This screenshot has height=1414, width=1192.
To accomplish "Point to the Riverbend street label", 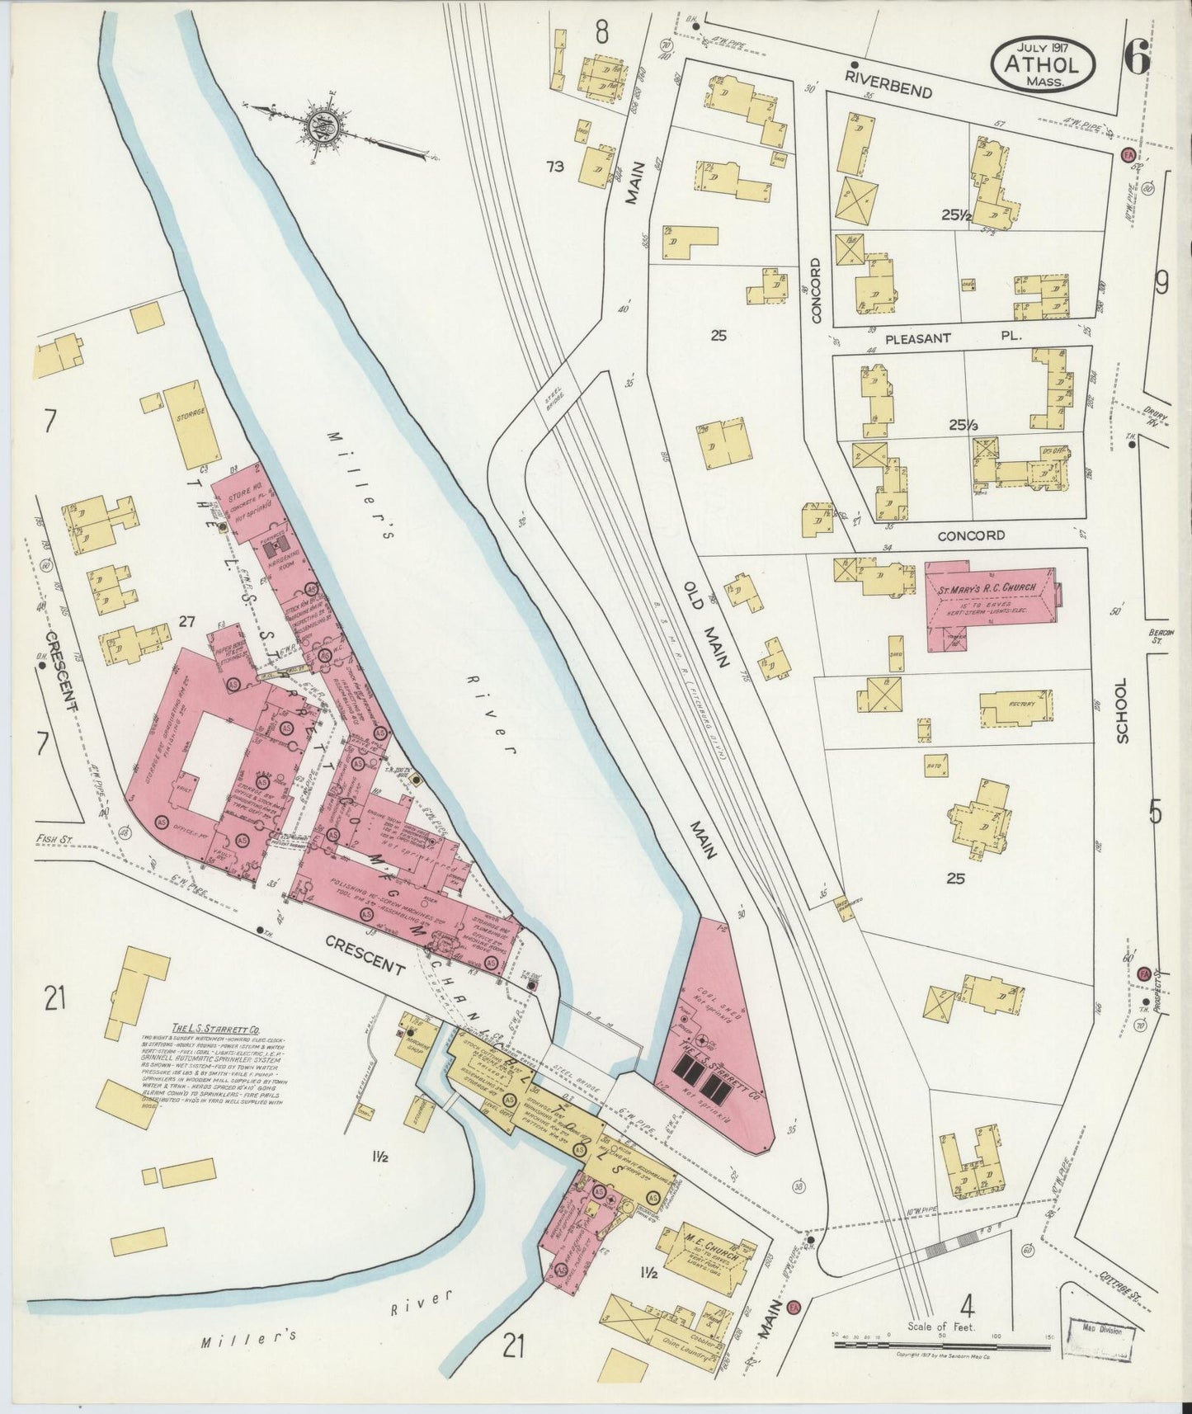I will pyautogui.click(x=887, y=82).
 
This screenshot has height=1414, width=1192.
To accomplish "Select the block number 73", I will pyautogui.click(x=555, y=167).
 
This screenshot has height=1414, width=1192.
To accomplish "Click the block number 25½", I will pyautogui.click(x=954, y=215).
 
